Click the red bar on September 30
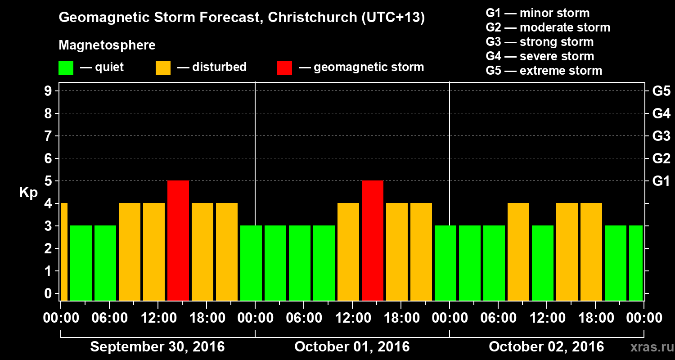click(178, 240)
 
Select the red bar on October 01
click(373, 240)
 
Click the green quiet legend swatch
click(66, 68)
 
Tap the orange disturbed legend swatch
click(163, 68)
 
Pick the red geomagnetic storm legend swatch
click(284, 68)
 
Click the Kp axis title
click(28, 193)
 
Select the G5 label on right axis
click(661, 91)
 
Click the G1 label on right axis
click(661, 181)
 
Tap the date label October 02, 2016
click(546, 347)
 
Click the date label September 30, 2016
click(157, 347)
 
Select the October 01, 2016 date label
click(352, 347)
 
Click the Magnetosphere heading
click(107, 45)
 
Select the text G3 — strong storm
click(540, 42)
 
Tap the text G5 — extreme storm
click(544, 71)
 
